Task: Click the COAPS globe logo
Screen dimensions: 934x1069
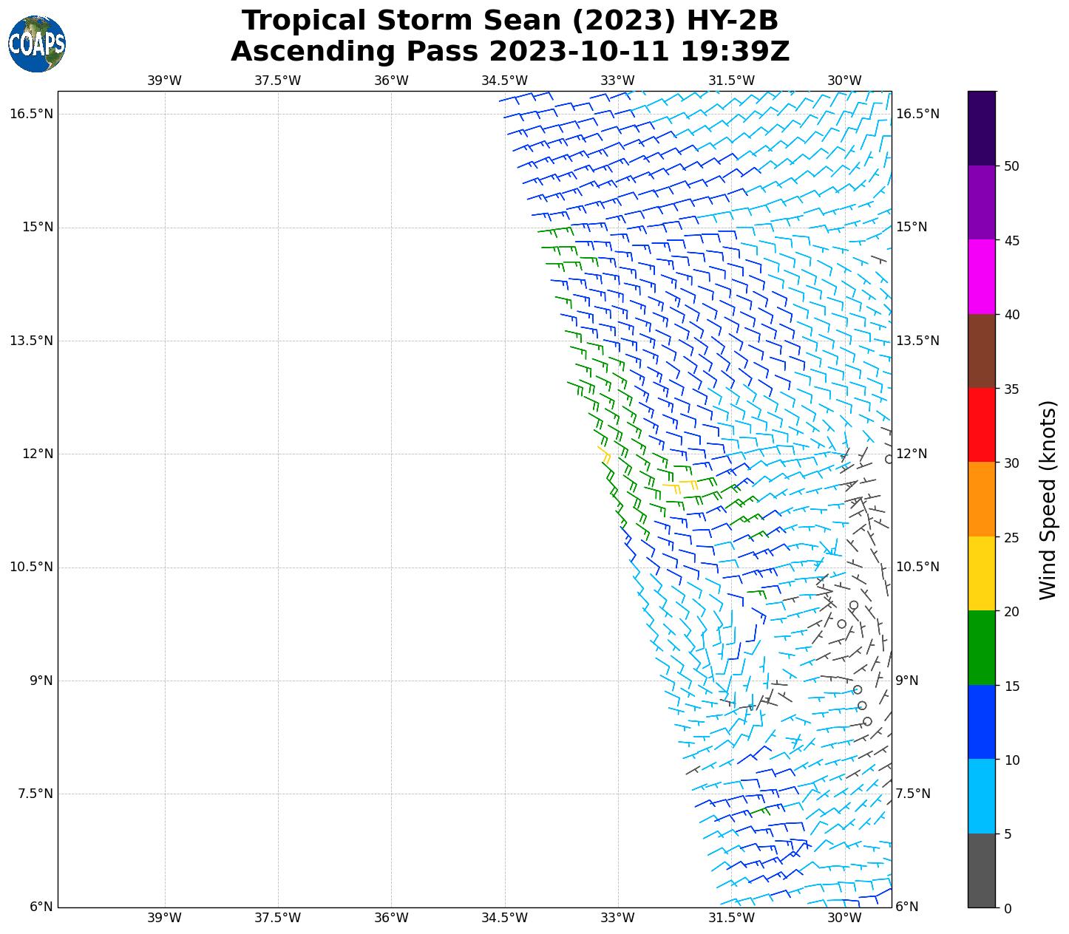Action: [x=37, y=44]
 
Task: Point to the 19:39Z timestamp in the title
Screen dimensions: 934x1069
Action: [x=735, y=52]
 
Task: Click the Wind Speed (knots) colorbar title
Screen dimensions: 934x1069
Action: [x=1048, y=500]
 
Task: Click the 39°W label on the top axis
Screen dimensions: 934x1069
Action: [x=164, y=81]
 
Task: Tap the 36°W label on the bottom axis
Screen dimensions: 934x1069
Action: [x=391, y=918]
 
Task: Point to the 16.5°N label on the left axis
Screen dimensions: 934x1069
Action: [x=31, y=114]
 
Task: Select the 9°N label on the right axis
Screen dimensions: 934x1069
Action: [x=907, y=681]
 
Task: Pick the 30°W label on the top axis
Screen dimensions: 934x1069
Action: [x=844, y=81]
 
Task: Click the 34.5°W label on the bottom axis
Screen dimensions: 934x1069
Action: [x=504, y=918]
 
